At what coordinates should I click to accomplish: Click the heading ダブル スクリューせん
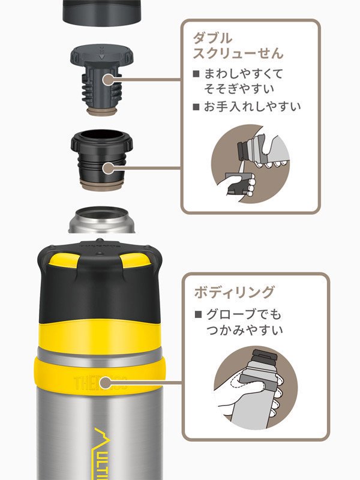(238, 46)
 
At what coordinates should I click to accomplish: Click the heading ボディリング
(235, 292)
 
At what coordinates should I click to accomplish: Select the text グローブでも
(244, 314)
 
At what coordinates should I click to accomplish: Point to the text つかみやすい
(244, 330)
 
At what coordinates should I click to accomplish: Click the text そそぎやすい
(239, 89)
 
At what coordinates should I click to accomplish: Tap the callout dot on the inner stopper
(108, 80)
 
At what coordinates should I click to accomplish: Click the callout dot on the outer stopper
(108, 168)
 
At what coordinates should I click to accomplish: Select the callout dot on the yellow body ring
(106, 382)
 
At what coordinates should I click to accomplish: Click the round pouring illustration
(250, 163)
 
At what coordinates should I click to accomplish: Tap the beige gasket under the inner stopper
(101, 111)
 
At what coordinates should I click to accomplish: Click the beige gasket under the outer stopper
(102, 185)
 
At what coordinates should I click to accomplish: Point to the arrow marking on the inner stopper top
(102, 56)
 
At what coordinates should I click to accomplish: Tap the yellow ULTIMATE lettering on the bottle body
(106, 453)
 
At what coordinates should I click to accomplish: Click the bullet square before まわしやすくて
(196, 74)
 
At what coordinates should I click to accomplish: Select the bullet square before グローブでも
(198, 314)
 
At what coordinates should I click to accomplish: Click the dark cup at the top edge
(101, 12)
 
